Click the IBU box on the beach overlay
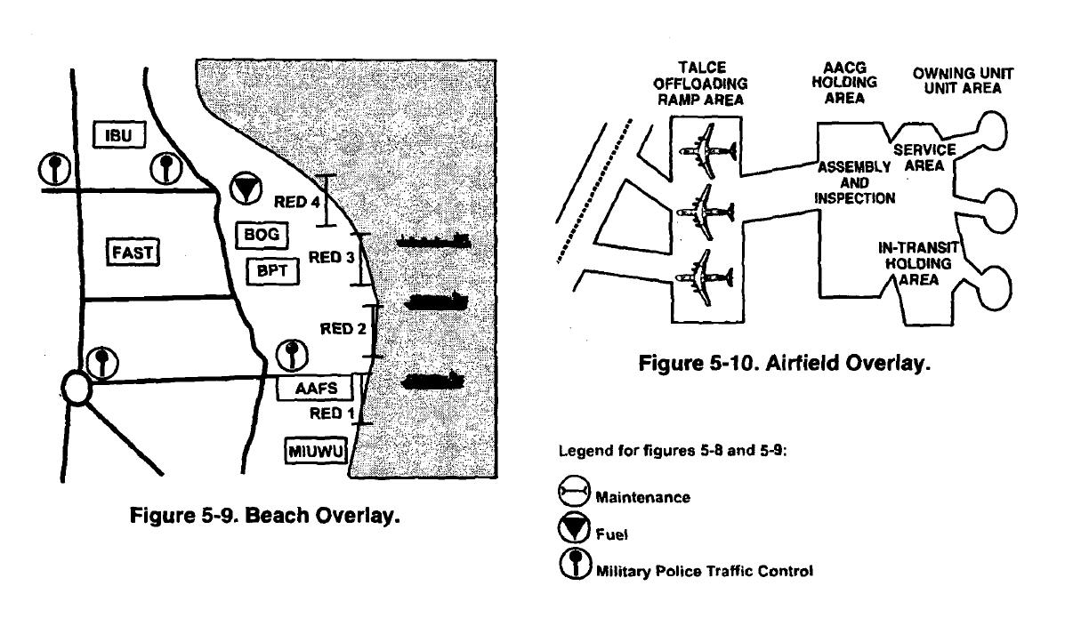119,135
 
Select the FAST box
133,252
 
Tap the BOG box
262,235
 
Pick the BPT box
272,271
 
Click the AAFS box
315,388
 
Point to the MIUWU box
316,451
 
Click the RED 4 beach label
296,202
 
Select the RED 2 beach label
343,329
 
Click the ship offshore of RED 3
433,241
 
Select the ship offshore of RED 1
432,381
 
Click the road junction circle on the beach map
77,388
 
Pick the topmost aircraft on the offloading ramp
707,151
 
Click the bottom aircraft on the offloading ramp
704,277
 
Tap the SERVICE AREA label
924,157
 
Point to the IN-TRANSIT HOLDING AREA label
918,263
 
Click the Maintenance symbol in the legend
574,490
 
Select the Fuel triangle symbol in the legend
574,528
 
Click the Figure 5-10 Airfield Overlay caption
784,363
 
